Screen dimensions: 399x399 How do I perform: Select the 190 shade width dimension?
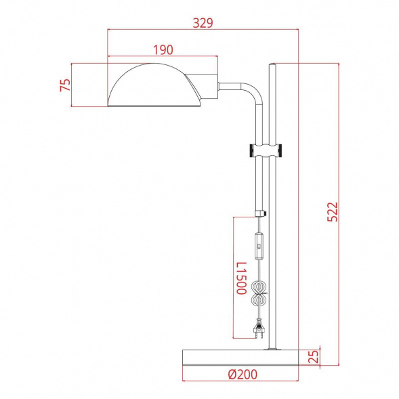click(163, 49)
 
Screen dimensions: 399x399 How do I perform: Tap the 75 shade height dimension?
click(66, 85)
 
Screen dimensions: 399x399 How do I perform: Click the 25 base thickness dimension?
click(314, 357)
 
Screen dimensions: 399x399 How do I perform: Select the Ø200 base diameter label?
click(241, 374)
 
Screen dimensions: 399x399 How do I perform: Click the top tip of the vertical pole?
click(272, 66)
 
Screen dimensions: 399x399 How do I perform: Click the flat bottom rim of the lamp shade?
click(154, 105)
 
